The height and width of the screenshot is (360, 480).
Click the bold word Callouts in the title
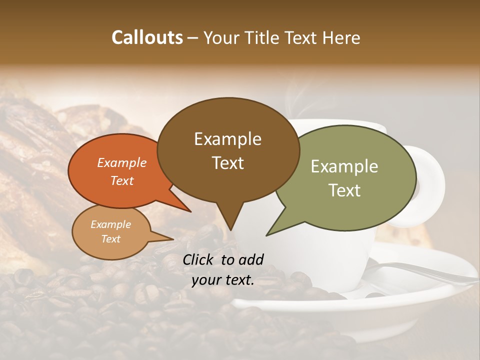(147, 37)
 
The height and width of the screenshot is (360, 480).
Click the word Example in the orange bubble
(121, 162)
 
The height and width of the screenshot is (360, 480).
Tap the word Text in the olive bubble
(345, 190)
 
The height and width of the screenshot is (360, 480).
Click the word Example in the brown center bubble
(227, 139)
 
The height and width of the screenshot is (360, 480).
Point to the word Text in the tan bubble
(111, 239)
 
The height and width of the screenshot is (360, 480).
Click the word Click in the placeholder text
(199, 259)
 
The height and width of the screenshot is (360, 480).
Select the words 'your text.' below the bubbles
(222, 280)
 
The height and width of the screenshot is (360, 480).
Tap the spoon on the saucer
(425, 272)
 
